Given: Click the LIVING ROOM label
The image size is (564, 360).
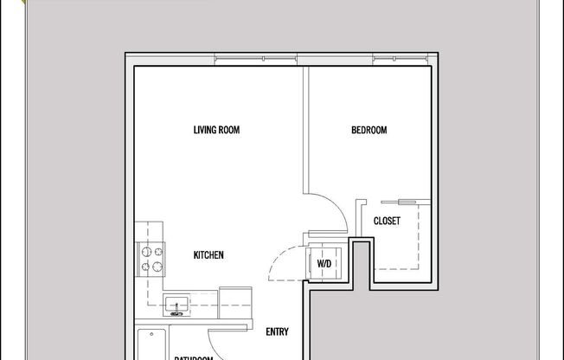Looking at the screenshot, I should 215,131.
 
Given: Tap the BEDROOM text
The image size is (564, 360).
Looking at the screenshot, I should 369,131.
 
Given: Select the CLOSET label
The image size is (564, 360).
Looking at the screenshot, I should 387,221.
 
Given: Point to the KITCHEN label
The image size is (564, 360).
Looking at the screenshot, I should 208,255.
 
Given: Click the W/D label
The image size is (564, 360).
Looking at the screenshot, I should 324,263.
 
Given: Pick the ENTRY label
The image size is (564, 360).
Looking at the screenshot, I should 277,331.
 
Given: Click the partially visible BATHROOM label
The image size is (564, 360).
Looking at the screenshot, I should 192,357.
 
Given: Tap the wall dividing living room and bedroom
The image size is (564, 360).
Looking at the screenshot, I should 303,130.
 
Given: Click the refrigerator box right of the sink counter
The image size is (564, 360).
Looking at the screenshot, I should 235,299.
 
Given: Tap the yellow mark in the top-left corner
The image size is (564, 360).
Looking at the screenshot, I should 5,3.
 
